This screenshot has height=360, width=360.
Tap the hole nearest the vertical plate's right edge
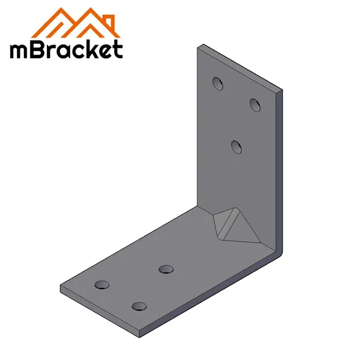coord(255,105)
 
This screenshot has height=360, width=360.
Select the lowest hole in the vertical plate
coord(236,146)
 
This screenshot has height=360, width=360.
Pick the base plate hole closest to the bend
coord(166,268)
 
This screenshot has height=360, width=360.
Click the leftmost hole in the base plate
coord(103,284)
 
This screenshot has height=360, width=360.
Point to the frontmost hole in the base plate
coord(139,306)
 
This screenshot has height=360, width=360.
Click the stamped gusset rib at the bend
coord(232,224)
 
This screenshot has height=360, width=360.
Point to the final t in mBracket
coord(117,49)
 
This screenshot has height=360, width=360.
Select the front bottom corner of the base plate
coord(139,332)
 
